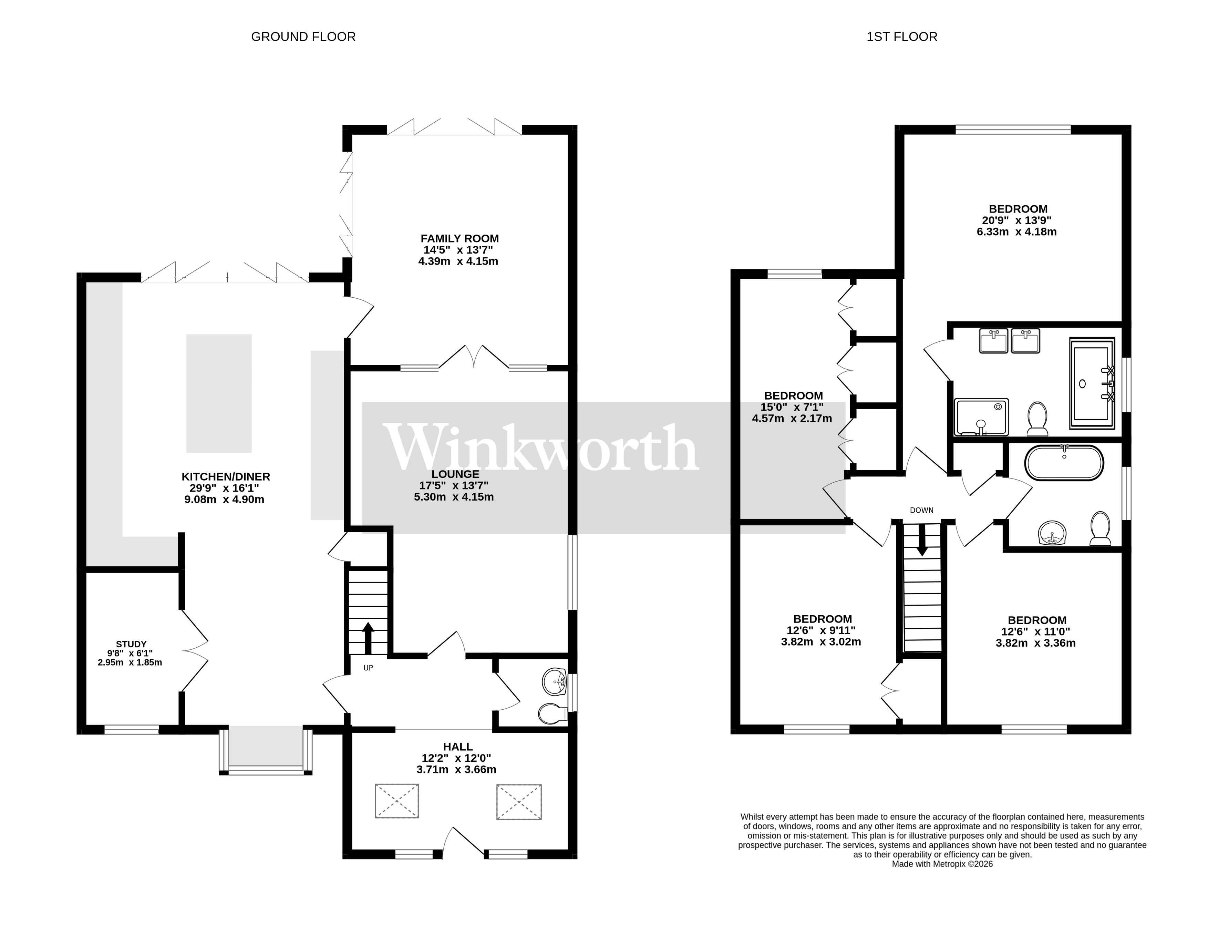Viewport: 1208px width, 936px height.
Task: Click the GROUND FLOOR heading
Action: (303, 37)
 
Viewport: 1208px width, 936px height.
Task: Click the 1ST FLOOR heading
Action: (901, 37)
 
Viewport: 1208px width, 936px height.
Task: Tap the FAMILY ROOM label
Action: (459, 238)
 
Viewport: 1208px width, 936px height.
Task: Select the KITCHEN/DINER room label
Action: (226, 476)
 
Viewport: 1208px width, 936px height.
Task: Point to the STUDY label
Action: (131, 644)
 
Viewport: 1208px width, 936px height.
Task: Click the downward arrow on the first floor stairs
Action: (921, 539)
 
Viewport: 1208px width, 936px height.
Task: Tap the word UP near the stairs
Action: (368, 668)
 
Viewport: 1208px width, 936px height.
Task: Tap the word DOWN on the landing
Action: (921, 510)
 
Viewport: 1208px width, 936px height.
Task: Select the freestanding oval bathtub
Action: (1064, 462)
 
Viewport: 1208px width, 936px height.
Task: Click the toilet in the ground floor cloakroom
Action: (551, 713)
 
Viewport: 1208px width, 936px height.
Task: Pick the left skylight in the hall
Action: (396, 801)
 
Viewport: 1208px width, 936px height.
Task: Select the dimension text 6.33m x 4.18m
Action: (1016, 232)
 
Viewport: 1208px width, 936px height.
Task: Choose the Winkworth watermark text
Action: (541, 449)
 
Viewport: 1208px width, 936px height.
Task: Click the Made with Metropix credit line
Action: (942, 864)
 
